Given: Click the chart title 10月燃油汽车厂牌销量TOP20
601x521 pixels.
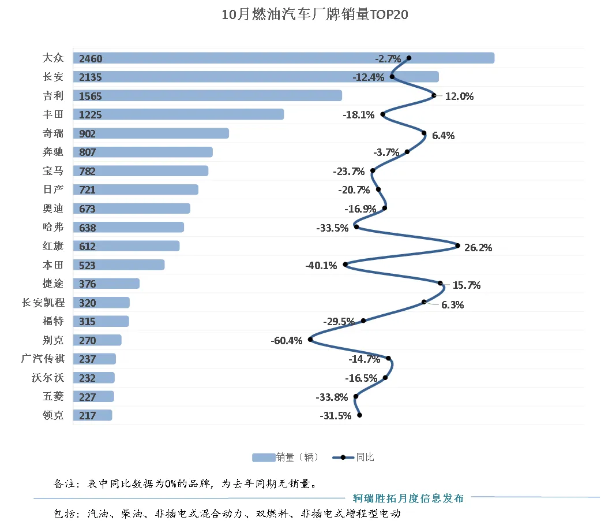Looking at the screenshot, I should pos(315,15).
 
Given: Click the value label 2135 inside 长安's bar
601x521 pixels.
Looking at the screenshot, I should pos(91,77).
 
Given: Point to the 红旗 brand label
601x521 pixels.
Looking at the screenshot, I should pos(53,246).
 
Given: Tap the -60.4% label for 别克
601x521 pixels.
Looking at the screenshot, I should pos(286,341).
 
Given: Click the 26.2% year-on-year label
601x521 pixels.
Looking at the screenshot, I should pos(478,248).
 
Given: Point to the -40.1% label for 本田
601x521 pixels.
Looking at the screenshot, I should pos(321,266).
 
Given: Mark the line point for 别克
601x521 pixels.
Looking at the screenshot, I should pos(310,340).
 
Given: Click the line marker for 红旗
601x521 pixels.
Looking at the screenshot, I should pos(458,245).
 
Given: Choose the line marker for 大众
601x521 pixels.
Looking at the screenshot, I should pos(409,58).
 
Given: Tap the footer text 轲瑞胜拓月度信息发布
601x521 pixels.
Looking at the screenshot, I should pos(408,498).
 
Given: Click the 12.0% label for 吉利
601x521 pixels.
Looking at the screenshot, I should pos(459,96).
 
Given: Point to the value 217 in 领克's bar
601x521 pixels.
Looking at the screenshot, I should pos(88,416).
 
